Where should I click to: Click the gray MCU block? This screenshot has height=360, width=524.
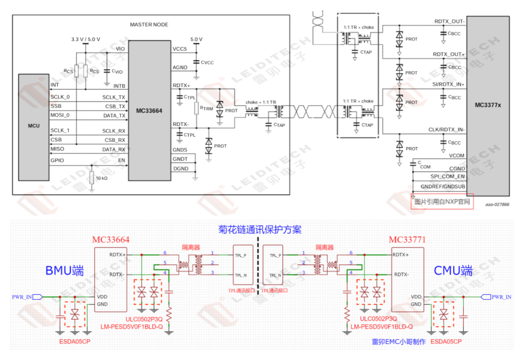point(34,126)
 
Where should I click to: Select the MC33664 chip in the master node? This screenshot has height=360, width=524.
point(149,111)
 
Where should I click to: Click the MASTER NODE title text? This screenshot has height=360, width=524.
point(148,24)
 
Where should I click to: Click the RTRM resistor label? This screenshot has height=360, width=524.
point(207,109)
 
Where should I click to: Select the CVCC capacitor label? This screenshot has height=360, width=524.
point(207,62)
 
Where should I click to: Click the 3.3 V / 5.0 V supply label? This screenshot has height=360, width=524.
point(85,39)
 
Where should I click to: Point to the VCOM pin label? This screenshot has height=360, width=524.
point(457,156)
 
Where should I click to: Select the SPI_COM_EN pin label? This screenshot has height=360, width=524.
point(448,176)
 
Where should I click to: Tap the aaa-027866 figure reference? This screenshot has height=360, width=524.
point(497,205)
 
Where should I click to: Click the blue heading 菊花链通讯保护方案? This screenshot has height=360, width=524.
point(260,229)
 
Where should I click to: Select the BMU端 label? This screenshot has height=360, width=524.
point(65,270)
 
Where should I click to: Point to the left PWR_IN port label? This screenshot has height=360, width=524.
point(22,296)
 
